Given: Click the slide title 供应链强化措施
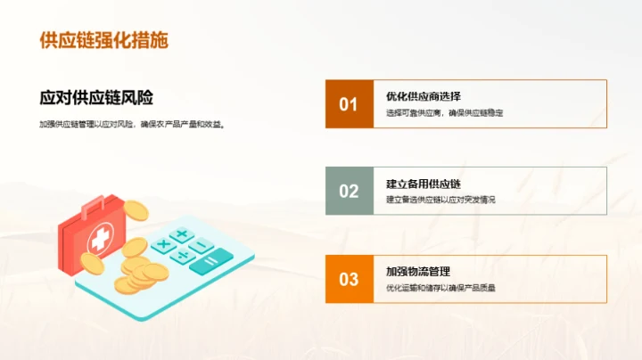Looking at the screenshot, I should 104,40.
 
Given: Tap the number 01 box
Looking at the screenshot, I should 349,104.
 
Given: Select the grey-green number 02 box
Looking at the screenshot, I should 349,191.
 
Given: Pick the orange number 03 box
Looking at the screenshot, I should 349,279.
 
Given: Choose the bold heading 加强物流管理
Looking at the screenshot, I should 418,271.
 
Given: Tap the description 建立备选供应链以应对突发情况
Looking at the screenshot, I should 440,200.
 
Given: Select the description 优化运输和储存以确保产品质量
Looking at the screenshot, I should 440,288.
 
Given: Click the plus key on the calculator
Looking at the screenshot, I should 182,235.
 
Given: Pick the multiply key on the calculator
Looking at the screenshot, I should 163,243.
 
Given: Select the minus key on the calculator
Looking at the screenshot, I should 202,245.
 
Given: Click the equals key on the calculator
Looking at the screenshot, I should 211,261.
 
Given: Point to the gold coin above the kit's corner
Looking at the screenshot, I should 136,210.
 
